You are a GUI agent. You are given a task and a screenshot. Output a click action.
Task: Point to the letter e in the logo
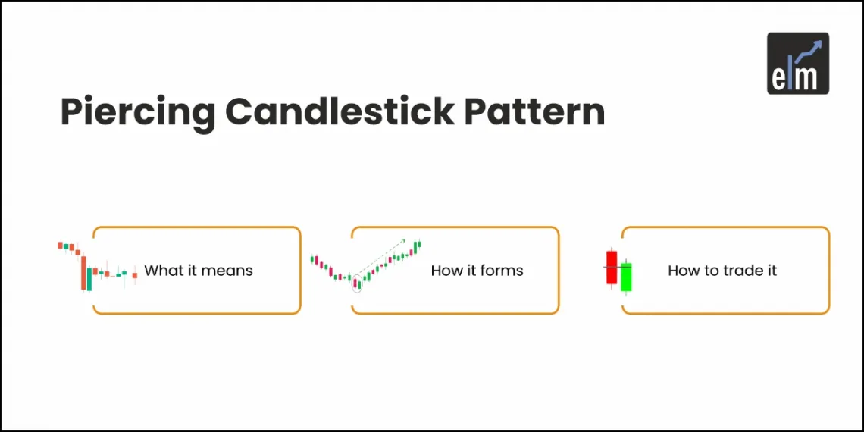pyautogui.click(x=781, y=78)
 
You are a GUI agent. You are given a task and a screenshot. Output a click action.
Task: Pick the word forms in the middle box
pyautogui.click(x=501, y=271)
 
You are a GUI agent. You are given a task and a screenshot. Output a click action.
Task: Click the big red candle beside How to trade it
pyautogui.click(x=612, y=267)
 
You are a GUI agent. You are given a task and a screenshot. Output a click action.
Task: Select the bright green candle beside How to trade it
pyautogui.click(x=626, y=277)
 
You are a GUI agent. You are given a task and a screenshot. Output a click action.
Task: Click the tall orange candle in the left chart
pyautogui.click(x=83, y=273)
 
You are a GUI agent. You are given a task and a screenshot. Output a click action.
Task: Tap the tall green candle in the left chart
pyautogui.click(x=89, y=279)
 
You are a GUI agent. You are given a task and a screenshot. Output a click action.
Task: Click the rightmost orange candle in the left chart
pyautogui.click(x=135, y=275)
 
